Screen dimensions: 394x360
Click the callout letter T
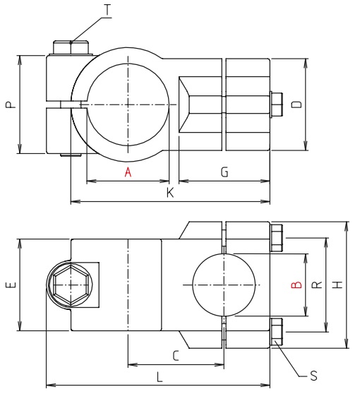(107, 10)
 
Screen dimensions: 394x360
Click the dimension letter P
(9, 105)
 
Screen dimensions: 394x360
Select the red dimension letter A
(128, 172)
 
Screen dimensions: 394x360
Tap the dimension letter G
(224, 172)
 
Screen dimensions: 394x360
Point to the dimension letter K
(169, 193)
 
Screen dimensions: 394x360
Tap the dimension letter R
(317, 285)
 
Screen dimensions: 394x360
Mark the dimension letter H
(337, 285)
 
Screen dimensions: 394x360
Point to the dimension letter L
(159, 377)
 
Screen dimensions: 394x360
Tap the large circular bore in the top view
(128, 105)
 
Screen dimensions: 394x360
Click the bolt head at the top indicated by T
(71, 47)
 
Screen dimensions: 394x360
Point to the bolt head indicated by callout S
(277, 332)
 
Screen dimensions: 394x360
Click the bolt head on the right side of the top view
(276, 105)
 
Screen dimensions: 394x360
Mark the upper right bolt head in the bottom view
(277, 238)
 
